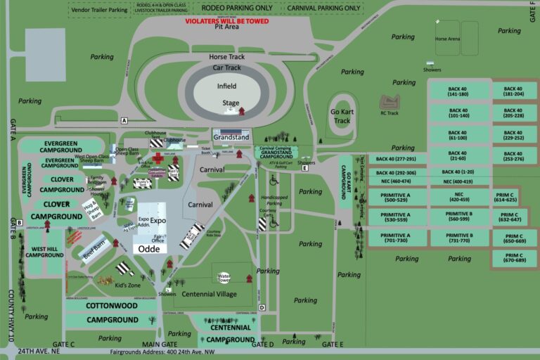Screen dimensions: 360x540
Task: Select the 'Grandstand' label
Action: pyautogui.click(x=231, y=137)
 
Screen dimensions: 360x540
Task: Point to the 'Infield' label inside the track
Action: pyautogui.click(x=226, y=86)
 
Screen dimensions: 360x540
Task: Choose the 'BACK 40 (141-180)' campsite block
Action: pyautogui.click(x=458, y=91)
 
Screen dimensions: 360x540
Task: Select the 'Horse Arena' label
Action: pyautogui.click(x=447, y=39)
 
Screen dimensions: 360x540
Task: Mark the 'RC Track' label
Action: pyautogui.click(x=389, y=112)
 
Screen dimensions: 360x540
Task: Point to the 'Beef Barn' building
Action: pyautogui.click(x=94, y=250)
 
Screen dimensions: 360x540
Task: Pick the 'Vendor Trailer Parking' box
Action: pyautogui.click(x=100, y=10)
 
